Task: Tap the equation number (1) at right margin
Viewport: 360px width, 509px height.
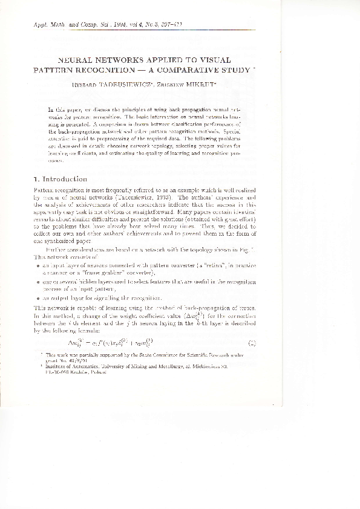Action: [250, 344]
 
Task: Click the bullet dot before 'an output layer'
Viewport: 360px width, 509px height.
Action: [38, 298]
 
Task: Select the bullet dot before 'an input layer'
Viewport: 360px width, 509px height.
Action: [38, 265]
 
